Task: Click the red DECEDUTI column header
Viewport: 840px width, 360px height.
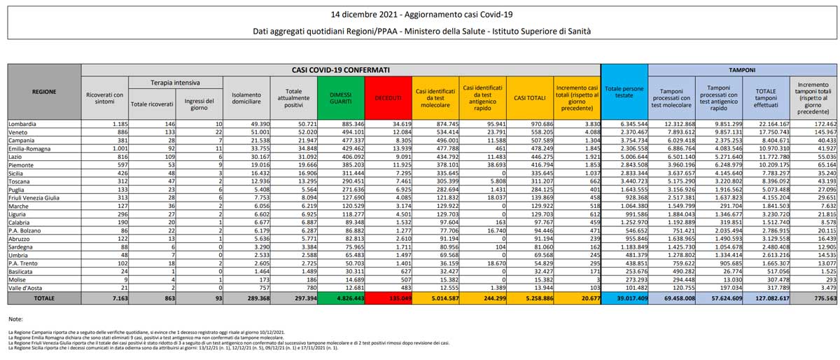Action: click(x=387, y=98)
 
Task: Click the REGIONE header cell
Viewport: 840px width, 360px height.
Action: click(x=44, y=92)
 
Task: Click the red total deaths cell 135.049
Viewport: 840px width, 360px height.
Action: click(x=387, y=298)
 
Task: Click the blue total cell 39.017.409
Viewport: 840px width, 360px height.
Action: click(x=624, y=298)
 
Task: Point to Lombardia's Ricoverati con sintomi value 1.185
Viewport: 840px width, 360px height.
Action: click(x=114, y=124)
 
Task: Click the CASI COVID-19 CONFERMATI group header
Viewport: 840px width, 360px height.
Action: click(x=341, y=70)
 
